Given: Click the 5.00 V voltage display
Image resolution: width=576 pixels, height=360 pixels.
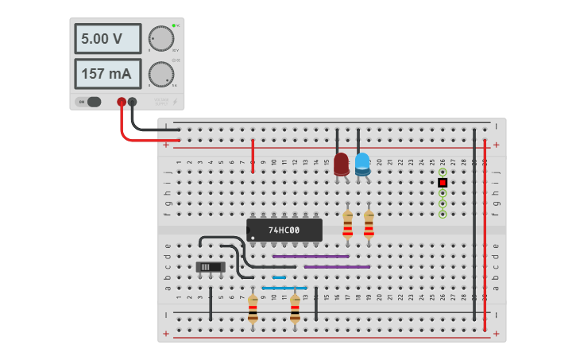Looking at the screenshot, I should [x=108, y=38].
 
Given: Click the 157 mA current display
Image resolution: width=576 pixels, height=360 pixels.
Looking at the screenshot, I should [x=108, y=74].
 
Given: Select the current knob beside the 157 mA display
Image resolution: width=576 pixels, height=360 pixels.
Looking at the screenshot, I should [x=161, y=74].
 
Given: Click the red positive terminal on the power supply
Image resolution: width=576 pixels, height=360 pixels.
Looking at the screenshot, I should [x=122, y=102].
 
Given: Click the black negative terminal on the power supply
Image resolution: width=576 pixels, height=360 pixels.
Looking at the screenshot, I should [x=132, y=102].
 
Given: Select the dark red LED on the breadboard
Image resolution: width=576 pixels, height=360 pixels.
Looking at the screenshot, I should [x=342, y=164].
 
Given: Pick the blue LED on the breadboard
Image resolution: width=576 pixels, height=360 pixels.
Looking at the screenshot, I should [x=362, y=164].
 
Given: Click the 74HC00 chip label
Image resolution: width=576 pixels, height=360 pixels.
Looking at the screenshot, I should [x=284, y=230].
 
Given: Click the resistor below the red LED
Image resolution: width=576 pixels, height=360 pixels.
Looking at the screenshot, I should [x=347, y=225].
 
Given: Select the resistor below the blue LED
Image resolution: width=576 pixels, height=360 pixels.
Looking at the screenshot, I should [x=369, y=225].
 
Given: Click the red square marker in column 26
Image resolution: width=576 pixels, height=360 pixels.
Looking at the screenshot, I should [x=443, y=183].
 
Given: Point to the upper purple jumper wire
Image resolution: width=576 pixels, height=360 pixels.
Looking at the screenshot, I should [x=311, y=257].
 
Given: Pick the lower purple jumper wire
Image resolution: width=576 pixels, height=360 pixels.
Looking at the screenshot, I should [x=337, y=267].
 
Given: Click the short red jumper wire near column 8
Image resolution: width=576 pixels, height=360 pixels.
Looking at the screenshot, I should [x=253, y=155].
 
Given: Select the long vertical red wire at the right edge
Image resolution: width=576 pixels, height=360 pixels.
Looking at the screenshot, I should [x=485, y=230].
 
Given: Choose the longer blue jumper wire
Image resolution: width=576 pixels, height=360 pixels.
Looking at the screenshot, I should [x=284, y=288].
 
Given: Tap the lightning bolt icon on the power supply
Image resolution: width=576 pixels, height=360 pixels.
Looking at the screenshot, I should [x=175, y=102].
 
